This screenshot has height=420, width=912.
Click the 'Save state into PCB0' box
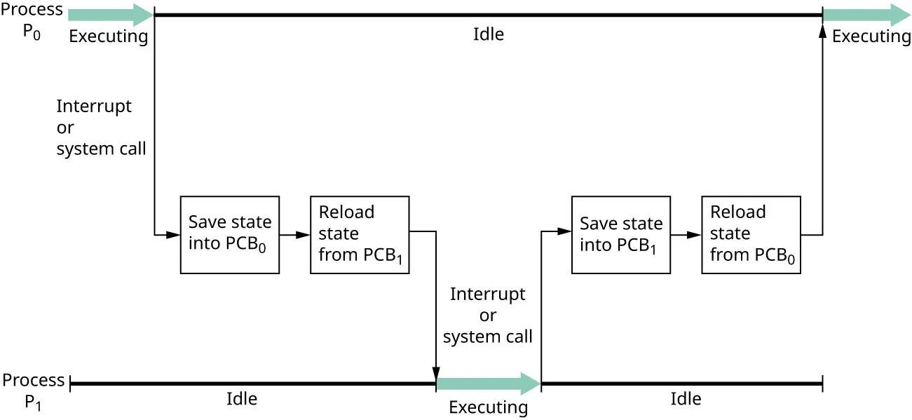pos(230,234)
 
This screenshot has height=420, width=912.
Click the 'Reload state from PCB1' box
pos(360,234)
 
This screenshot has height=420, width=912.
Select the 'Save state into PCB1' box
pos(621,234)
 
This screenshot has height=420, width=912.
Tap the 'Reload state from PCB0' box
pos(751,234)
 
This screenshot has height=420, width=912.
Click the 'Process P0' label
pos(32,22)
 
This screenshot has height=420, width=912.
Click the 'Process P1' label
pos(33,391)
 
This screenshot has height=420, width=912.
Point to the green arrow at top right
pos(866,14)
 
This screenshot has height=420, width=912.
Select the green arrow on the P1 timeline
pos(488,384)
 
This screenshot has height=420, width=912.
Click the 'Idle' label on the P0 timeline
pos(488,34)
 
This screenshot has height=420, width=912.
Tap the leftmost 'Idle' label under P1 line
pos(241,399)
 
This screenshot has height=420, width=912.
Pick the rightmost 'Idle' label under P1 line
pos(685,399)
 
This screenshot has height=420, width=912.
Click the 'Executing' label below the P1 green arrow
pos(488,407)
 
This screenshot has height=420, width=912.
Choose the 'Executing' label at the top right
pos(871,36)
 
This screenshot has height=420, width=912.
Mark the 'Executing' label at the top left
pos(109,36)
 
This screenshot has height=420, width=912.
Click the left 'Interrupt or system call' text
pos(101,128)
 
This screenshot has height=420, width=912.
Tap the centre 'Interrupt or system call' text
pos(488,316)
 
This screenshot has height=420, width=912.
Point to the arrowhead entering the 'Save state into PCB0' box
pos(173,235)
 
